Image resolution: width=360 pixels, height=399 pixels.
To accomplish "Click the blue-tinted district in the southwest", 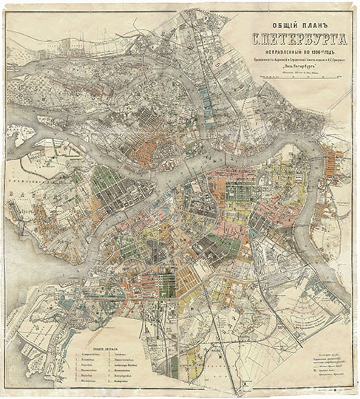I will coord(70,303).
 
